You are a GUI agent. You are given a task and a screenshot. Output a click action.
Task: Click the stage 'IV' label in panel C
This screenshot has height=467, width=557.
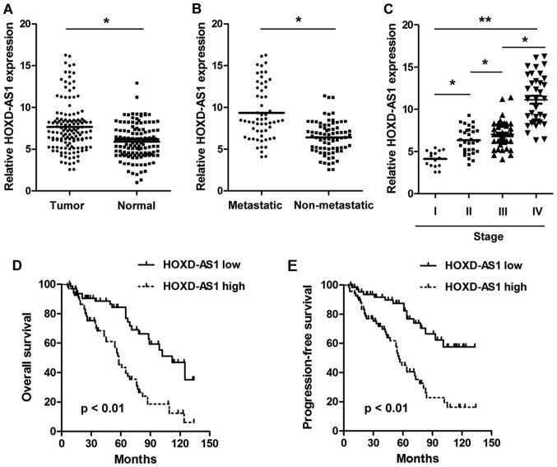pos(536,209)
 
